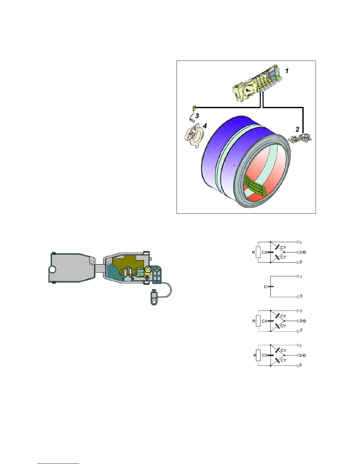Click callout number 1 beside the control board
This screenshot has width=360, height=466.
click(x=287, y=71)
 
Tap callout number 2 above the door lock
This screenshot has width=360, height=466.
click(x=297, y=129)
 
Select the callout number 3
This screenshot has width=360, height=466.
click(x=197, y=116)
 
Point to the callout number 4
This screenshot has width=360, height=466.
click(x=205, y=126)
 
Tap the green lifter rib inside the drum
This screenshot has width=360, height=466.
click(x=254, y=189)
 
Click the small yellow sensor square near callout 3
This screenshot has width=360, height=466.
click(x=194, y=108)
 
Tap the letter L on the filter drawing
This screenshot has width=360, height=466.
click(x=123, y=278)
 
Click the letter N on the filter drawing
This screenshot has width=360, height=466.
click(x=133, y=278)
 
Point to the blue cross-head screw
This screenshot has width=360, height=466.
click(x=141, y=272)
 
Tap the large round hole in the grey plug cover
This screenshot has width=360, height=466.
click(x=52, y=269)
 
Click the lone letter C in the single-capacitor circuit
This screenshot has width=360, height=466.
click(x=265, y=287)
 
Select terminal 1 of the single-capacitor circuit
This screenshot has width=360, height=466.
click(x=298, y=277)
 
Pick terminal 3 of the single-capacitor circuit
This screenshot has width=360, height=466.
click(x=298, y=296)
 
